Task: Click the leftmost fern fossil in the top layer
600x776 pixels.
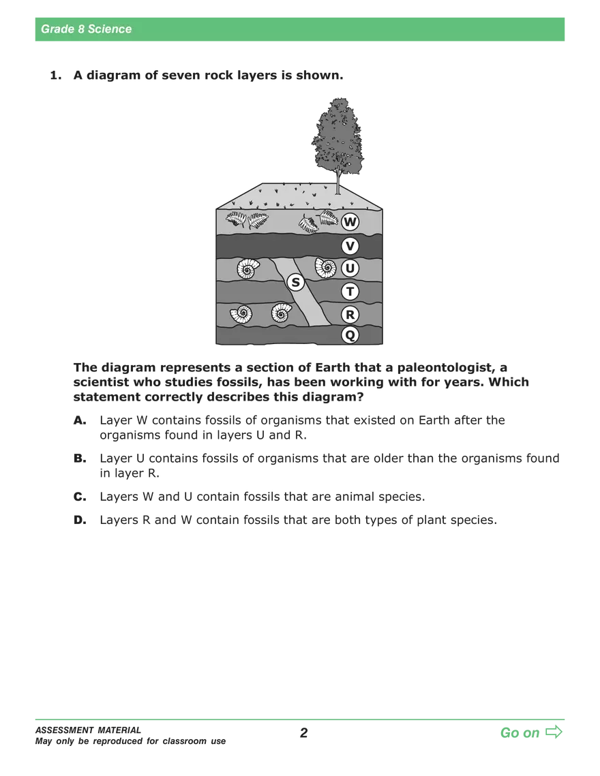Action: [x=236, y=219]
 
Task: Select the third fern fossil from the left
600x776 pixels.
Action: [x=308, y=223]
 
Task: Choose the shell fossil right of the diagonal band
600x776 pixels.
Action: [x=325, y=268]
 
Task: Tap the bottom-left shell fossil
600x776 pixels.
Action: [x=241, y=314]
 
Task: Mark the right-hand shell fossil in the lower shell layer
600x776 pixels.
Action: [x=282, y=313]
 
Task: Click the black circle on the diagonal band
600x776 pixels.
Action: [x=295, y=281]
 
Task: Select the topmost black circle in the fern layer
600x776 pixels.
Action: [x=350, y=221]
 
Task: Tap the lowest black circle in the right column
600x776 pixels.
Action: [x=350, y=335]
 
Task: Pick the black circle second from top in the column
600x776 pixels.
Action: [x=350, y=246]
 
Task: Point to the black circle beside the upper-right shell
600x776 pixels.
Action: [x=350, y=268]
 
